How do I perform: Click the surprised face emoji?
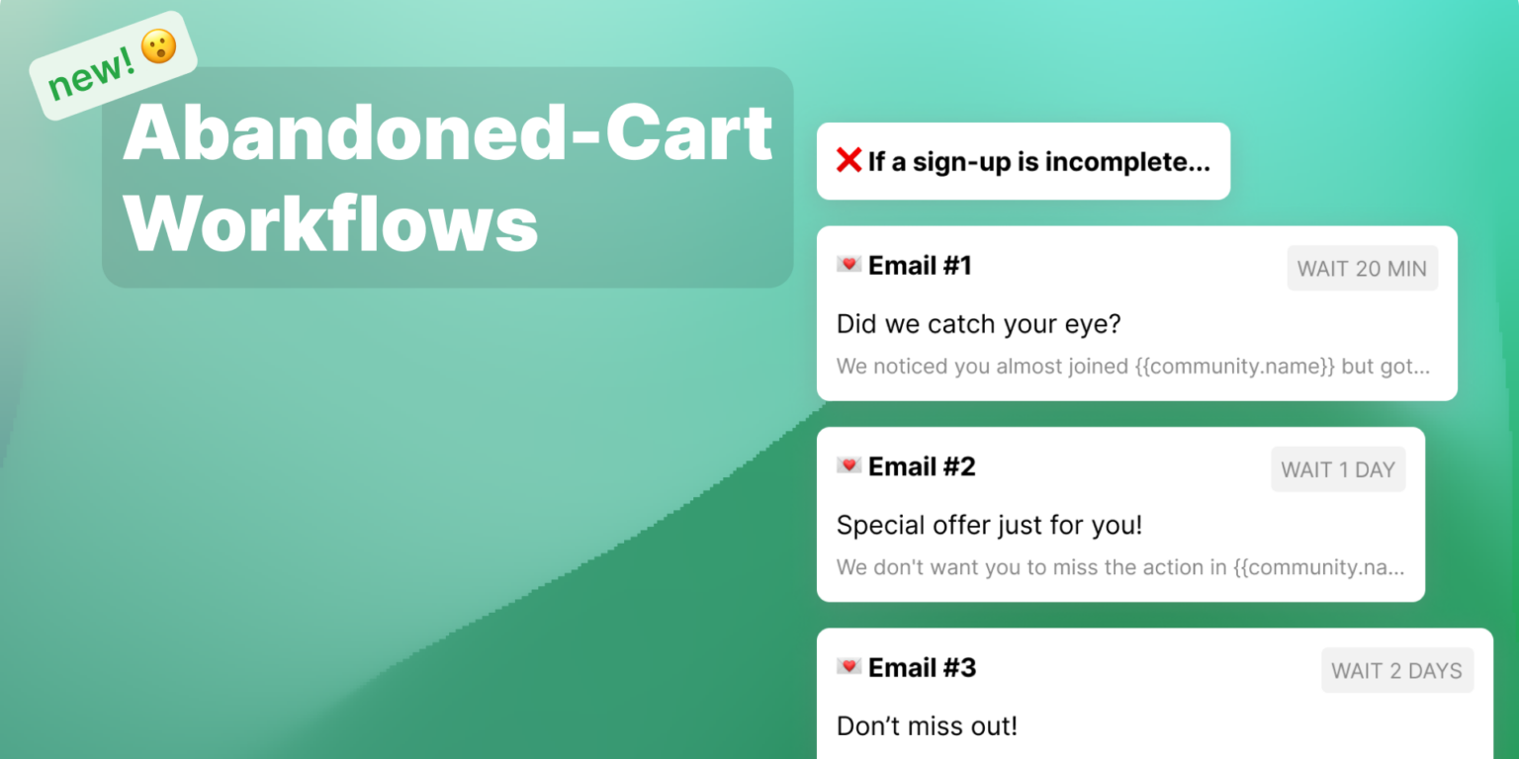(158, 47)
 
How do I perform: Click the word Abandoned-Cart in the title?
(447, 132)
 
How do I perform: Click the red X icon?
(849, 160)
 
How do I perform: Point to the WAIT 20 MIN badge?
(1362, 268)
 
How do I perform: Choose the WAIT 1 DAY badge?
(1337, 469)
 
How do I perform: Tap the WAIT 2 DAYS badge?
(1396, 671)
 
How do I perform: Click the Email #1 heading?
(920, 265)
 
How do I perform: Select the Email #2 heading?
(922, 466)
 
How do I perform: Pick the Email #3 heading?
(922, 668)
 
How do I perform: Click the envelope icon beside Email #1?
(849, 264)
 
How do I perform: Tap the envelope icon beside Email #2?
(849, 465)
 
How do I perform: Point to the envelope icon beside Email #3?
(849, 667)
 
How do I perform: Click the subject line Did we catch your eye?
(978, 324)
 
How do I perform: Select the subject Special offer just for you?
(989, 525)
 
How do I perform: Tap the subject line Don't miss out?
(927, 726)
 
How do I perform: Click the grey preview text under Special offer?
(1119, 567)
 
